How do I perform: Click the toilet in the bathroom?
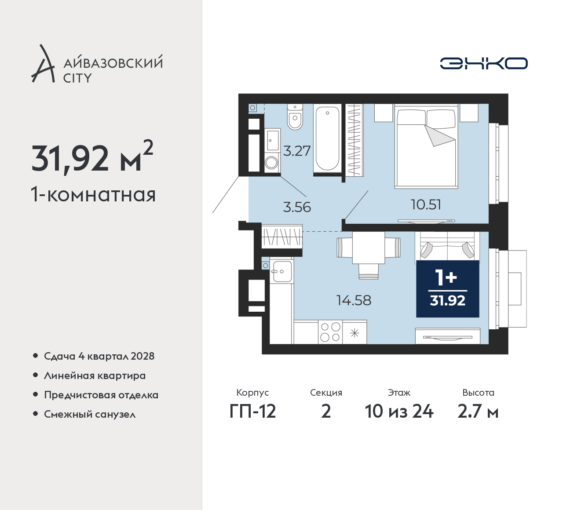[x=295, y=117]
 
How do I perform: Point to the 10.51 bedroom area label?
[x=426, y=204]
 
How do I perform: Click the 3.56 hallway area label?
[x=297, y=207]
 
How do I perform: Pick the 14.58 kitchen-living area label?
[x=354, y=300]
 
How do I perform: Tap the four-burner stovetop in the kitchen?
[x=330, y=332]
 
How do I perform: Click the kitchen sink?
[x=281, y=271]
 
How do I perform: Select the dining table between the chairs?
[x=369, y=248]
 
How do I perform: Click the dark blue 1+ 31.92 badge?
[x=447, y=289]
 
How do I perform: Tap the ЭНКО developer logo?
[x=483, y=63]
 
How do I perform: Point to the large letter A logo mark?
[x=43, y=63]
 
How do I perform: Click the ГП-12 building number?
[x=252, y=412]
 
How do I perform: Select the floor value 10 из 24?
[x=399, y=412]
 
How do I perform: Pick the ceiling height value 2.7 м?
[x=478, y=412]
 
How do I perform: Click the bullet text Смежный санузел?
[x=90, y=414]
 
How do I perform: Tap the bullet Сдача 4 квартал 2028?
[x=99, y=356]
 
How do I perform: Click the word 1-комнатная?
[x=93, y=194]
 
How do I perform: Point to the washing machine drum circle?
[x=271, y=162]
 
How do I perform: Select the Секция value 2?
[x=326, y=412]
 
